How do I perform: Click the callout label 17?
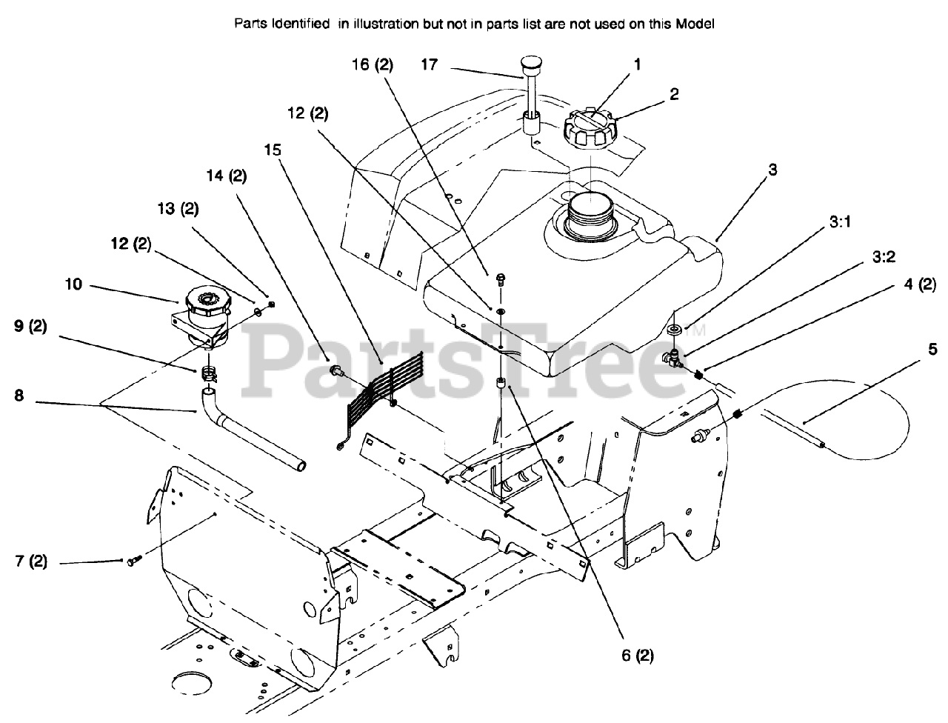pos(430,65)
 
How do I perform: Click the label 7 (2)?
pos(30,562)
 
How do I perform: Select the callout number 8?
pos(19,396)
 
